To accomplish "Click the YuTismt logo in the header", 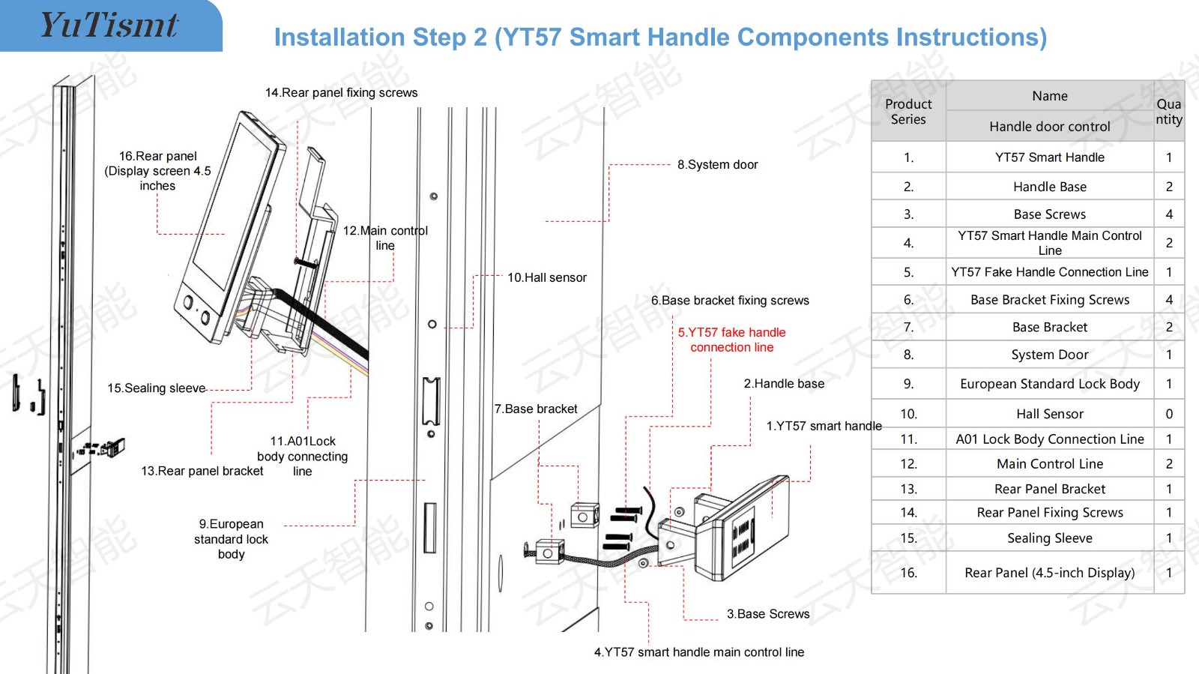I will pos(109,25).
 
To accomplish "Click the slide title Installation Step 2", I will pos(659,37).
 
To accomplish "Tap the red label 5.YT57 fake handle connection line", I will pos(731,340).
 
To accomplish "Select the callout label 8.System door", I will pos(717,164).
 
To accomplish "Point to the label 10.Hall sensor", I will pos(546,277).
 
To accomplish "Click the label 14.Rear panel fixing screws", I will pos(341,93).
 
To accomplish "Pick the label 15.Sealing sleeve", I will pos(156,388).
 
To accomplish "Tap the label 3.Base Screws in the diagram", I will pos(767,614).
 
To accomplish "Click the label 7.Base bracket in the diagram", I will pos(535,409).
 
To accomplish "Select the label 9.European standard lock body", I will pos(231,539).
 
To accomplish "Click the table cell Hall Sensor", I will pos(1049,414).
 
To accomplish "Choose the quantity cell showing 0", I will pos(1168,414).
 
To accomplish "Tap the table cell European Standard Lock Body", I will pos(1049,384).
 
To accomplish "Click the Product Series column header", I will pos(908,112).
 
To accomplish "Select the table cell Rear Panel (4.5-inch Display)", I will pos(1049,573).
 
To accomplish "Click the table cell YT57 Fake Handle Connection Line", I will pos(1049,272).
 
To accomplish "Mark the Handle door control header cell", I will pos(1049,127).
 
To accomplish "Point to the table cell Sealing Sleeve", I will pos(1049,538).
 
